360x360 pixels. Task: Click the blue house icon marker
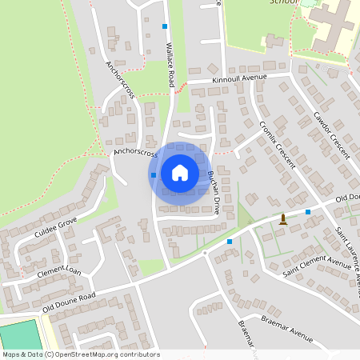click(180, 173)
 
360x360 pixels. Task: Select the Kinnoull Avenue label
click(238, 78)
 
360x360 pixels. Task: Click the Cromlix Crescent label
click(278, 145)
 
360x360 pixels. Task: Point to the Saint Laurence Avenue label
click(349, 256)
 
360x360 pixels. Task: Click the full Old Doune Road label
click(69, 302)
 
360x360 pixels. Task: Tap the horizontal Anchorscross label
click(136, 150)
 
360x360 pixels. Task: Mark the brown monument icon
click(282, 219)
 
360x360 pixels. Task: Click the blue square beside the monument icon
click(308, 212)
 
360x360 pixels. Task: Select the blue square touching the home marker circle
click(153, 174)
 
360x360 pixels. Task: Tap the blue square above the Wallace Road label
click(165, 26)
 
